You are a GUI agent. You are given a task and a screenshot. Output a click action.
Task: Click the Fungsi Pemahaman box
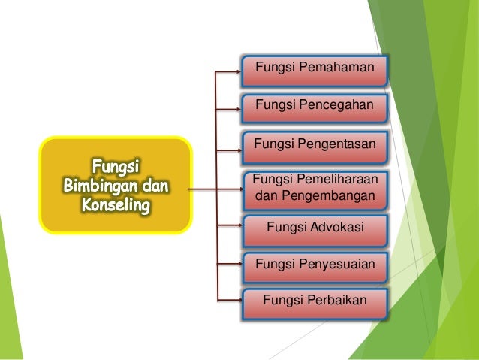[314, 70]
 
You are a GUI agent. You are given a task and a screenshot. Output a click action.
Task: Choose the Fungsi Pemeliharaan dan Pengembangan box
[314, 189]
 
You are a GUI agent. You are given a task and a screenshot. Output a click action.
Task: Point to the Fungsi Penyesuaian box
[314, 265]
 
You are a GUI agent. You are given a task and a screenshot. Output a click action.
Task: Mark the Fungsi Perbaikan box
[314, 302]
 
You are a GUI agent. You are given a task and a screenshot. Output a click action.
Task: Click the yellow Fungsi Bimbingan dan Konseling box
[115, 184]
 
